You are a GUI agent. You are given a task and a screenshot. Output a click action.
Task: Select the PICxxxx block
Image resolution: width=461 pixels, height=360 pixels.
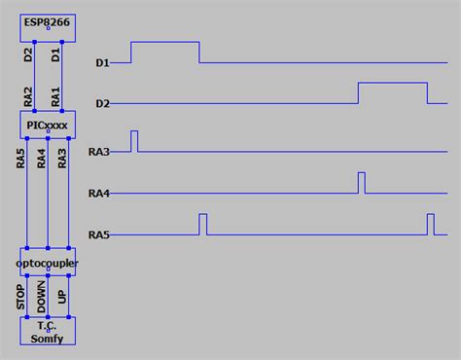tap(48, 124)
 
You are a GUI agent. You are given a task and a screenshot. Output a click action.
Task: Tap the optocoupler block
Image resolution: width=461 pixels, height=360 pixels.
tap(48, 264)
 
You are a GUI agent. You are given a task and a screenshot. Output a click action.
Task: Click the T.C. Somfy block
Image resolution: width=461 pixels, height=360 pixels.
tap(48, 331)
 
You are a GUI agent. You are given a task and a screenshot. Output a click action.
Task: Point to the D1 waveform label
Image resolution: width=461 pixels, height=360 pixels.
tap(102, 63)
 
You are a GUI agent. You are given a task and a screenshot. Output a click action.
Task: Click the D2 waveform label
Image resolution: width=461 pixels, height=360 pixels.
tap(102, 104)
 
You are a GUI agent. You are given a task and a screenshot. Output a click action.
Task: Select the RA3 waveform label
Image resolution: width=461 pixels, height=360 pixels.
tap(98, 152)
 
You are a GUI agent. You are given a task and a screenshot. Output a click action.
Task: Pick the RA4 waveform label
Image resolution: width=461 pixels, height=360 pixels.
tap(98, 194)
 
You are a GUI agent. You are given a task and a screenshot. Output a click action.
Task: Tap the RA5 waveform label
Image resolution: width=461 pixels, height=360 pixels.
tap(98, 235)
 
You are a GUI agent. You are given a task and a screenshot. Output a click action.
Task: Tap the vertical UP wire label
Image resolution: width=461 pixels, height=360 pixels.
tap(63, 300)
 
